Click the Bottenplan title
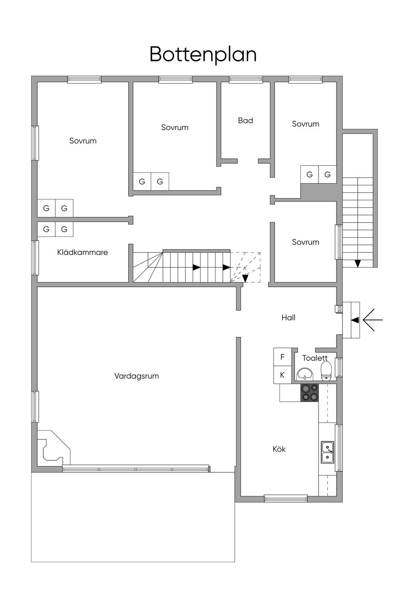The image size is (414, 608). coord(203,54)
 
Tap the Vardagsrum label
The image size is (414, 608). coord(136,376)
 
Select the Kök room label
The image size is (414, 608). coord(279,449)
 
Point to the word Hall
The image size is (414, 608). coord(288,318)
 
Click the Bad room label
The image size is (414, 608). coord(245,120)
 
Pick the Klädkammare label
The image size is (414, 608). coord(82,252)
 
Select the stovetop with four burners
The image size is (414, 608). coord(309,393)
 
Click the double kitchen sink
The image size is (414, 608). coord(327,452)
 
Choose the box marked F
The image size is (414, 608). coord(282,357)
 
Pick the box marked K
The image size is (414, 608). coord(282,375)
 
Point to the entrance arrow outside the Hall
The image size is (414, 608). coord(372,320)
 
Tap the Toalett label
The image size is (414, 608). coord(315,358)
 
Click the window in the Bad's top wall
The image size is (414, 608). coord(246,80)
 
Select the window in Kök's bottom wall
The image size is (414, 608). coord(285,499)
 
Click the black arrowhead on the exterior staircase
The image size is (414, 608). coord(358,263)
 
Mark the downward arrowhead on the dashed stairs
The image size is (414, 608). coord(245,278)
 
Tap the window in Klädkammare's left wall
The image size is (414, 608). coord(35,258)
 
